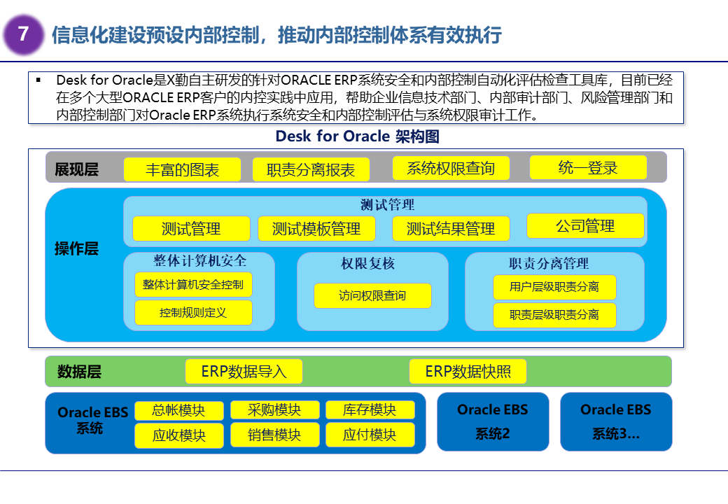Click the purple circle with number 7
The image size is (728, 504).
tap(23, 34)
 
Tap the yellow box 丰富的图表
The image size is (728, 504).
tap(182, 169)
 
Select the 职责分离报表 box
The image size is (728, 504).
tap(311, 170)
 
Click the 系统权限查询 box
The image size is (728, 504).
tap(450, 168)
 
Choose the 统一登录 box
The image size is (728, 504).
tap(588, 167)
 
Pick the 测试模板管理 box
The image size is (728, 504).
tap(316, 229)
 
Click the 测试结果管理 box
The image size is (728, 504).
tap(451, 229)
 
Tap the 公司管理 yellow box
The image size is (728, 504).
tap(585, 226)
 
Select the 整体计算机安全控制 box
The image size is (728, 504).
tap(193, 284)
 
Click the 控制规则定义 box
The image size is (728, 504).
tap(193, 312)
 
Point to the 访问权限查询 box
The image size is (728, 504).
tap(372, 295)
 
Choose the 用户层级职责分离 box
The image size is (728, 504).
tap(554, 287)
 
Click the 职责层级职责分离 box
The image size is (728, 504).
tap(554, 315)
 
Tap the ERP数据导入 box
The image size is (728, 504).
tap(244, 372)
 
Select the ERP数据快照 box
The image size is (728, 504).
tap(468, 372)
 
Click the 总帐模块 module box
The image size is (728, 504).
tap(179, 410)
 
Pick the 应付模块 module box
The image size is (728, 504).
tap(370, 435)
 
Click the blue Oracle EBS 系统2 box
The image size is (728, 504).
tap(493, 421)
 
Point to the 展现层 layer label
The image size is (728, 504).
tap(77, 169)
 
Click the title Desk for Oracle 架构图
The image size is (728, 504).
tap(357, 136)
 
